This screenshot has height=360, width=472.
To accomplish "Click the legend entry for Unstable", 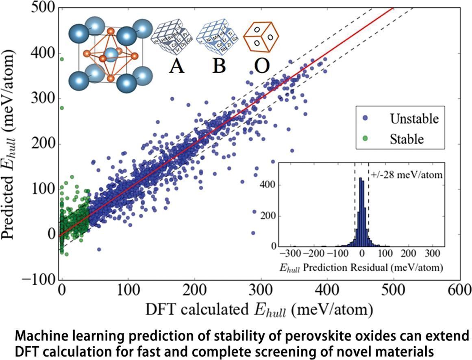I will (x=414, y=119).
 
